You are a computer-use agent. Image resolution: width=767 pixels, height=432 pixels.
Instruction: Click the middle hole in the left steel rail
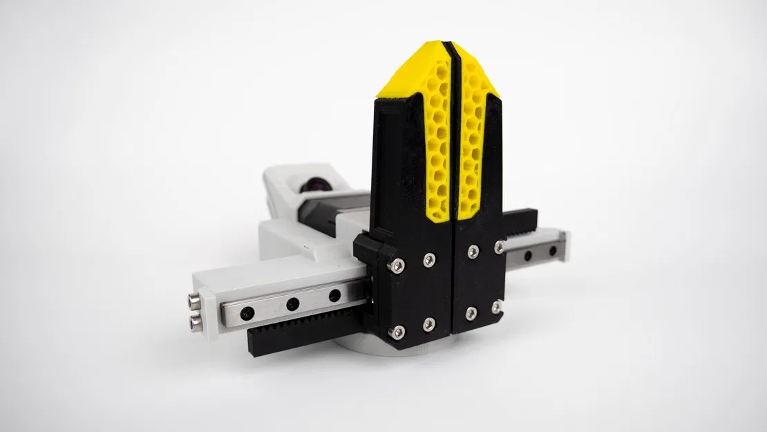coord(292,303)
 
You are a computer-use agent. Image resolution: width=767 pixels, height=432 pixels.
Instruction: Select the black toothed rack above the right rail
coord(525,222)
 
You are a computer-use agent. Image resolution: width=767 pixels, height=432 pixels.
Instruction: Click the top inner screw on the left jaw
coord(429,259)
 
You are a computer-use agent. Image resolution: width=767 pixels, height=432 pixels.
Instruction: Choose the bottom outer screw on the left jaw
coord(397,332)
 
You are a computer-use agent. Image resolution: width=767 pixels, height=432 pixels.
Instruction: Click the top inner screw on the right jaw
coord(473,251)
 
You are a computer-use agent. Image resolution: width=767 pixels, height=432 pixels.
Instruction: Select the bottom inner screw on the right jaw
coord(471,313)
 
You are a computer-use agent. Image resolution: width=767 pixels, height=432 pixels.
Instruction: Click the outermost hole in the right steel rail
coord(553,250)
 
